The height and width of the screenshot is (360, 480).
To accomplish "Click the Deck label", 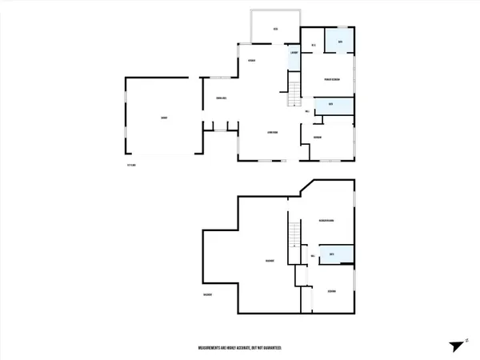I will (275, 30).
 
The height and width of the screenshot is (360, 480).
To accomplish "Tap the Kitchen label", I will (251, 62).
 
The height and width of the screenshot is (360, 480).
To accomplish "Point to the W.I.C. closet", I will (314, 45).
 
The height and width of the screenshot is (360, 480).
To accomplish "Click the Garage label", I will (163, 118).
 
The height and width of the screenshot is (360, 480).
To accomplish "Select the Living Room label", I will (272, 132).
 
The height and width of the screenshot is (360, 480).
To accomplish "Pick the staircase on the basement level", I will (294, 234).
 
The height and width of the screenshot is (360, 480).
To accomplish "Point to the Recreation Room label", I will (326, 220).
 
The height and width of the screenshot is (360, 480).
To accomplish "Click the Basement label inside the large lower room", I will (270, 261).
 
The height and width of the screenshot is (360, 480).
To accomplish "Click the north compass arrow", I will (454, 345).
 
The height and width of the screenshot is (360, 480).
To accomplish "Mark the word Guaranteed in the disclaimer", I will (270, 349).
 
